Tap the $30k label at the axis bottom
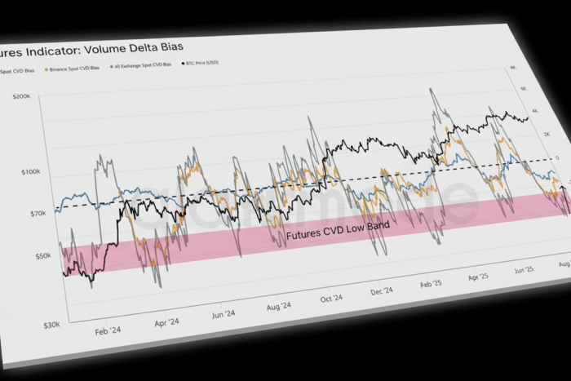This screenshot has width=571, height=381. (x=51, y=325)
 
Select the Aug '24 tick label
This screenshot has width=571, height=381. (x=277, y=306)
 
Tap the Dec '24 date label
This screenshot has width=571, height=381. (x=381, y=290)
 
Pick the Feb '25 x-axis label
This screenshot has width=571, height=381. (x=430, y=282)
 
